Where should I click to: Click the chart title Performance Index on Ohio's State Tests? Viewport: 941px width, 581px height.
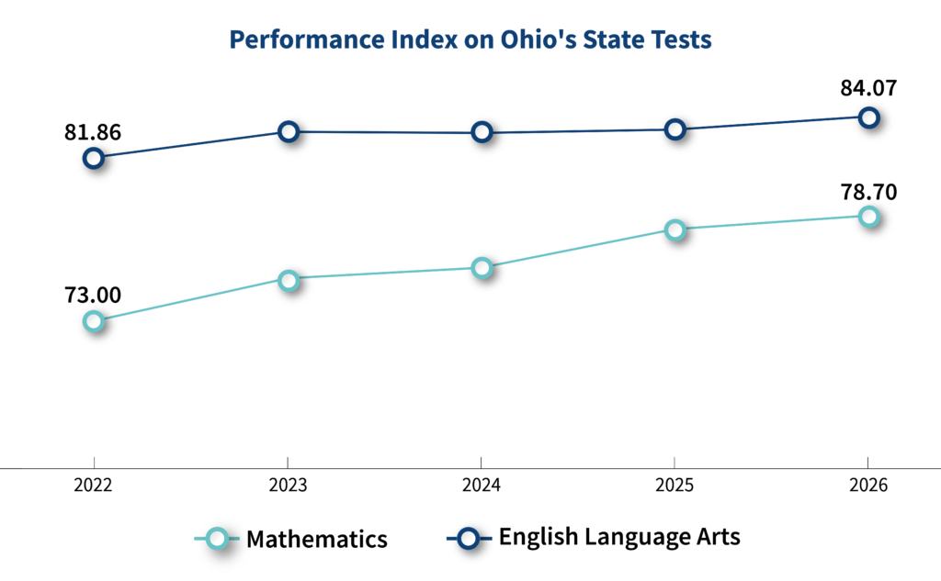coord(470,39)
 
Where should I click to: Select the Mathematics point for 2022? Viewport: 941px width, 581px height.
coord(94,321)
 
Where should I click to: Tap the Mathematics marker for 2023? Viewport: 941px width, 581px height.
coord(289,280)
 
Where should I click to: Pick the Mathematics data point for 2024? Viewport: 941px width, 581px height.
coord(482,267)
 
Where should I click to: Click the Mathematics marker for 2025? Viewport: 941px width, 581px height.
coord(675,229)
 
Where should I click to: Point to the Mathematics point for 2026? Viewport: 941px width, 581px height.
coord(868,216)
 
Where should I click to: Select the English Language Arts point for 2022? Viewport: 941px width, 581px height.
coord(94,158)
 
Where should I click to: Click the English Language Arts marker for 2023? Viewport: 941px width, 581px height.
coord(289,131)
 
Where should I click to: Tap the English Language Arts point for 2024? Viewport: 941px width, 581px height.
coord(482,132)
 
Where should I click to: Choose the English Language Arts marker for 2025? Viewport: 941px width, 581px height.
coord(675,128)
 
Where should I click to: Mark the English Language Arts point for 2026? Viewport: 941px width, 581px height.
coord(868,117)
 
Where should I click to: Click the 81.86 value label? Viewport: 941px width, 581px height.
coord(93,132)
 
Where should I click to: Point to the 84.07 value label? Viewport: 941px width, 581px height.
coord(868,88)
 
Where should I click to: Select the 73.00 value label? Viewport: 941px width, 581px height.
coord(93,295)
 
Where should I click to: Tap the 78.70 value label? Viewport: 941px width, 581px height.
coord(868,192)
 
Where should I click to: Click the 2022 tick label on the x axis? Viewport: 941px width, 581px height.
coord(93,485)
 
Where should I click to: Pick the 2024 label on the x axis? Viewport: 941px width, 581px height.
coord(482,485)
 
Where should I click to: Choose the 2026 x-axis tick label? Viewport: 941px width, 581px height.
coord(868,485)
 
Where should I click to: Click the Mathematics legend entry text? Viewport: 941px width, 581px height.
coord(317,539)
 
